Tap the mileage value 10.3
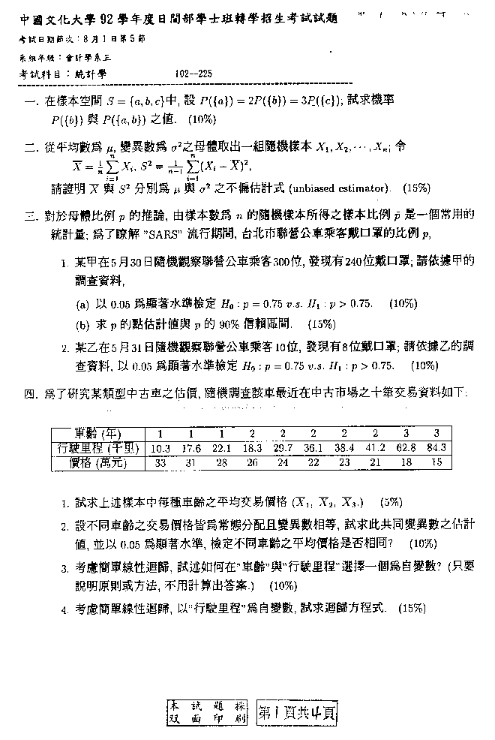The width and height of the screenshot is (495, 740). (160, 449)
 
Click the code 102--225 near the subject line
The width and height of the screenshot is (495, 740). (193, 75)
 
